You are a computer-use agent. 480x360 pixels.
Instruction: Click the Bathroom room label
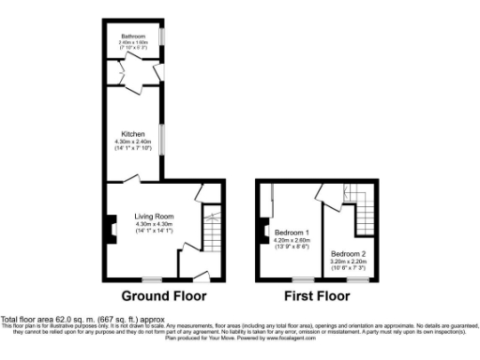click(x=131, y=37)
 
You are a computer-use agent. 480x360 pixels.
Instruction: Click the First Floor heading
click(x=317, y=295)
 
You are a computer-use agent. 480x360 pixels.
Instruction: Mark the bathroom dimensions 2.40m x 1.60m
click(x=131, y=43)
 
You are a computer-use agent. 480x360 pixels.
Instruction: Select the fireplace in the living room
click(x=110, y=228)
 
